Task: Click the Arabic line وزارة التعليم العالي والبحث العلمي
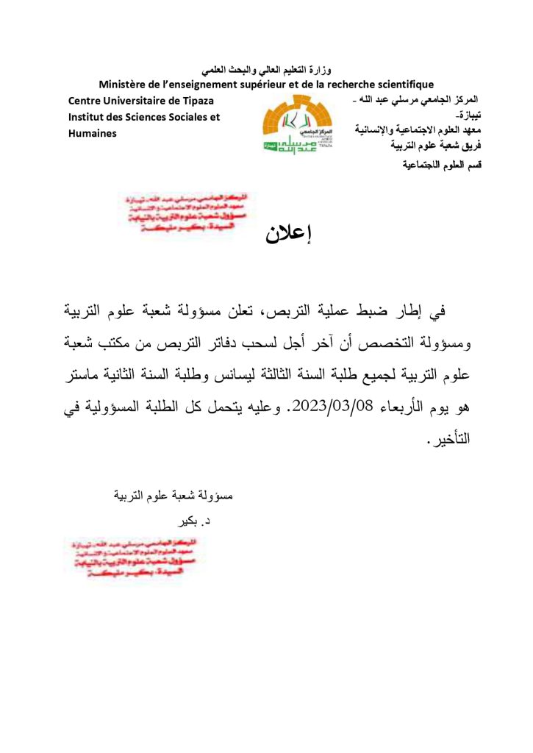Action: tap(266, 71)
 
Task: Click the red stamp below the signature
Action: tap(124, 557)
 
